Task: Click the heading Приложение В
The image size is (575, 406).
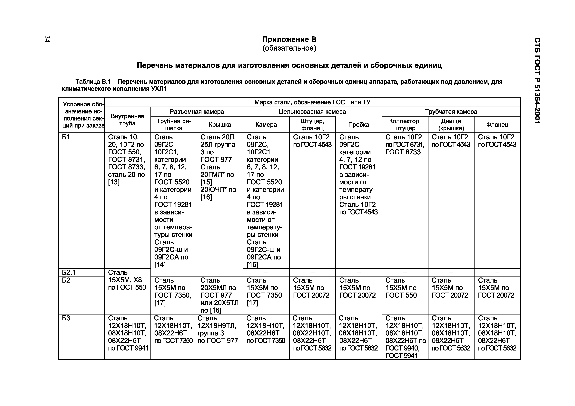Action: [x=289, y=39]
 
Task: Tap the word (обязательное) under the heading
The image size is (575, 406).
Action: [x=289, y=48]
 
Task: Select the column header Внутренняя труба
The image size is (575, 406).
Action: [x=128, y=120]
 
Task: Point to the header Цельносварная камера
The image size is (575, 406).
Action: [x=312, y=112]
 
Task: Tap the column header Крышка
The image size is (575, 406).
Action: [x=220, y=125]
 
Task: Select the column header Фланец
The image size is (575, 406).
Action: [x=497, y=125]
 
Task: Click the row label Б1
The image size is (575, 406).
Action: [x=66, y=137]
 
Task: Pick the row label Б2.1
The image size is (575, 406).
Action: [x=69, y=272]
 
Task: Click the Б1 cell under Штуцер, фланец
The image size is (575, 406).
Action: [x=312, y=141]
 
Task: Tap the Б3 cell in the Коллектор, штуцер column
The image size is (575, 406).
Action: [x=405, y=337]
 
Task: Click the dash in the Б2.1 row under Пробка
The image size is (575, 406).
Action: [x=359, y=272]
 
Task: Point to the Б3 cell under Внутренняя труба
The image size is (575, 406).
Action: [x=128, y=333]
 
